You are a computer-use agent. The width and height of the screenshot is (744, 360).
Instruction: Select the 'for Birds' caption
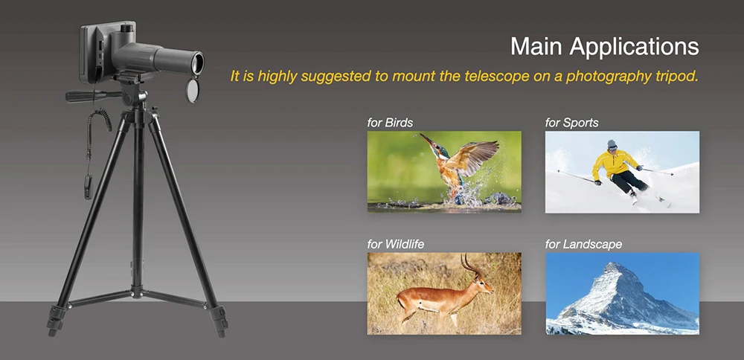click(x=390, y=123)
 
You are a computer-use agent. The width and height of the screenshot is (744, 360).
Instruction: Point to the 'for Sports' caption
click(x=571, y=123)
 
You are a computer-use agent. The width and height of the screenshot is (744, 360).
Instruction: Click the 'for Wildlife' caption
click(x=396, y=244)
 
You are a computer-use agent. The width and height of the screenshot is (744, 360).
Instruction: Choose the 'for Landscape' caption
click(x=583, y=245)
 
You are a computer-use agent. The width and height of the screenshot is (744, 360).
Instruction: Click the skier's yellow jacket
click(x=614, y=164)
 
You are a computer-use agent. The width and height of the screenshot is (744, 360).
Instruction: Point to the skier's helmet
click(x=612, y=144)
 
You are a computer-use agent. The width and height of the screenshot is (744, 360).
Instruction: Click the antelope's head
click(x=483, y=285)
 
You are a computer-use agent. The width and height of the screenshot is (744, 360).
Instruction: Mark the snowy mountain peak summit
click(x=615, y=264)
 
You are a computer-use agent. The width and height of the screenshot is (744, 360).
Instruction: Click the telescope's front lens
click(x=198, y=63)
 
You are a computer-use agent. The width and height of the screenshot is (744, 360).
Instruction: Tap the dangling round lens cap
click(x=192, y=90)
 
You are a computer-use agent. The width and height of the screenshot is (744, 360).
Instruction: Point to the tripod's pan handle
click(x=93, y=96)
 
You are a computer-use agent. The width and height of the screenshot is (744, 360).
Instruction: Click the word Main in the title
click(x=537, y=47)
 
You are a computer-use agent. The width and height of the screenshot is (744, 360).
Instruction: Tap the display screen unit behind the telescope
click(x=100, y=51)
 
